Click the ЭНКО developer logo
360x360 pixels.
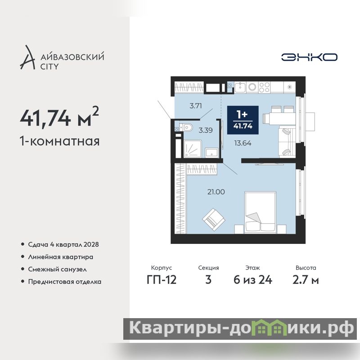coord(309,57)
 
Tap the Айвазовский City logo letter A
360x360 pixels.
coord(28,58)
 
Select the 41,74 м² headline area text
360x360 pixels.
coord(59,117)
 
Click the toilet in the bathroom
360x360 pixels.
coord(186,127)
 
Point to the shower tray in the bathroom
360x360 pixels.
coord(193,149)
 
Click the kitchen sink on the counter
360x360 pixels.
coord(240,87)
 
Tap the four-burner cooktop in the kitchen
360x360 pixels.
coord(264,87)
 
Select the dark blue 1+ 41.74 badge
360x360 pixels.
coord(243,120)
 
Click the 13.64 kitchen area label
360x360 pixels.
coord(243,143)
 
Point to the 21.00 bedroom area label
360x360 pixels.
coord(216,192)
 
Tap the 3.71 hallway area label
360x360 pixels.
coord(196,106)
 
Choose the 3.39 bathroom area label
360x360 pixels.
coord(206,130)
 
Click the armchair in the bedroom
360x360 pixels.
coord(213,220)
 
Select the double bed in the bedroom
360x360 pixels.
coord(261,212)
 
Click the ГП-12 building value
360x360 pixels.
coord(162,280)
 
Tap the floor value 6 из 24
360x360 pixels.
coord(253,280)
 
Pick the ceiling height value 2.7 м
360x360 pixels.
coord(306,280)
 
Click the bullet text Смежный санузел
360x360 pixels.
coord(58,269)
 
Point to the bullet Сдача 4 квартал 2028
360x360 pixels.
coord(63,244)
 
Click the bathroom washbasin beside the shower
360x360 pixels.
coord(211,153)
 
